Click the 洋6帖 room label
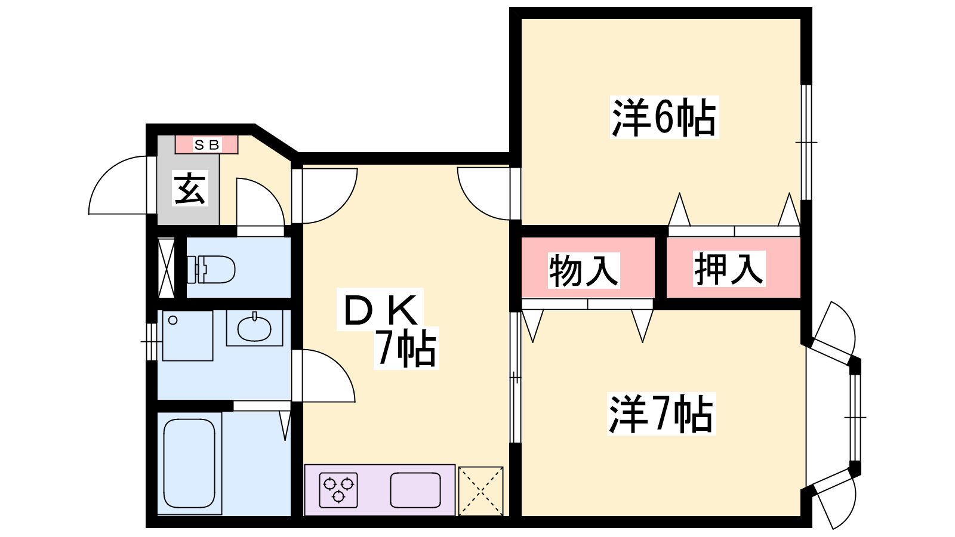[x=664, y=117]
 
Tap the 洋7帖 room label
[x=661, y=414]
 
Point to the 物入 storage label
[x=583, y=270]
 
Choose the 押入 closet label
[x=729, y=268]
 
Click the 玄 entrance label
[x=190, y=188]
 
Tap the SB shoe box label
[x=207, y=146]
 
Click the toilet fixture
[x=211, y=269]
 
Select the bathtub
[x=189, y=463]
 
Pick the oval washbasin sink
[x=254, y=329]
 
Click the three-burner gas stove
[x=338, y=490]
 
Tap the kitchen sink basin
[x=415, y=490]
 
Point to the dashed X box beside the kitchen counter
[x=480, y=491]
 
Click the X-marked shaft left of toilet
[x=167, y=268]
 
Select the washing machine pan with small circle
[x=187, y=336]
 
